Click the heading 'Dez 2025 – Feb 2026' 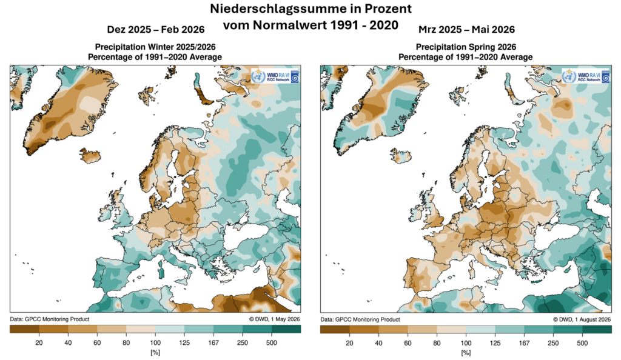click(x=156, y=30)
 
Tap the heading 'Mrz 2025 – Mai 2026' click(x=466, y=30)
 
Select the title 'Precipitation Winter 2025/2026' click(x=155, y=47)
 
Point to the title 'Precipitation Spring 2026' click(x=466, y=47)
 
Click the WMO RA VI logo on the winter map click(x=275, y=76)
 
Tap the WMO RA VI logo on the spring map click(x=586, y=76)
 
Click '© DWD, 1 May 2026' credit click(x=275, y=319)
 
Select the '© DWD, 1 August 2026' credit click(x=582, y=319)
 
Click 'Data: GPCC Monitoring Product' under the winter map click(x=50, y=319)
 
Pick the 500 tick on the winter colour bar click(x=272, y=342)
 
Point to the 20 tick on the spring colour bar click(x=349, y=342)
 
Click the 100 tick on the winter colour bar click(x=155, y=342)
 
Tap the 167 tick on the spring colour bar click(x=524, y=342)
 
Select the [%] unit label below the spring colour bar click(x=466, y=352)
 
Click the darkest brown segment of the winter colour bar click(x=24, y=329)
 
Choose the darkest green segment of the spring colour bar click(x=597, y=329)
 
